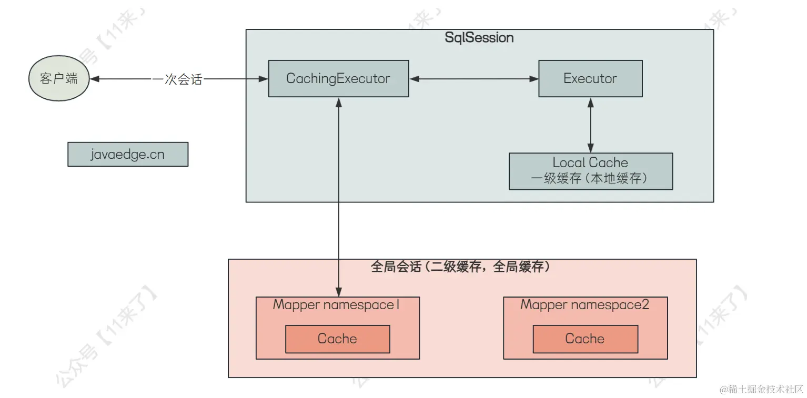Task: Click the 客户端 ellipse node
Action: click(x=58, y=79)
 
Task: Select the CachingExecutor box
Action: click(x=338, y=78)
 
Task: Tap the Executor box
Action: click(x=590, y=78)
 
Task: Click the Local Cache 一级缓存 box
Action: click(x=590, y=171)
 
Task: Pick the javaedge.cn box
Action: click(x=128, y=154)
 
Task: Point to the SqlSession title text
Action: click(x=479, y=38)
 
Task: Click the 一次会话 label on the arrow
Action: click(x=177, y=79)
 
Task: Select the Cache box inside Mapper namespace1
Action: click(x=337, y=339)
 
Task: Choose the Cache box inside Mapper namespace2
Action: click(x=585, y=339)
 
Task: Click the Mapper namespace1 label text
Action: click(x=337, y=305)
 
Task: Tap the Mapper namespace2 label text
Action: click(x=584, y=305)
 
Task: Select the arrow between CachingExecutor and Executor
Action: click(x=473, y=79)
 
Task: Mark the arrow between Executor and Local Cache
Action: click(x=590, y=125)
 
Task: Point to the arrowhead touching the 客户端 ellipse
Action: click(x=95, y=79)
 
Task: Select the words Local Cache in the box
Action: click(x=590, y=162)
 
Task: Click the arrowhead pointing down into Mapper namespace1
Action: click(x=339, y=292)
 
